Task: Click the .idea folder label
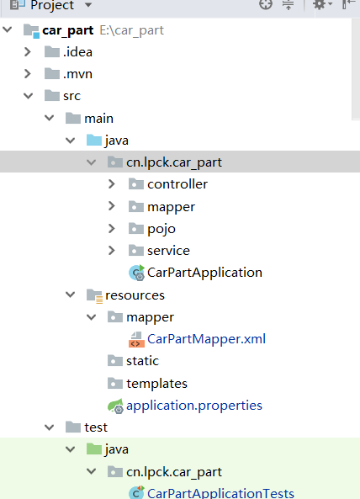77,52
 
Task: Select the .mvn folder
77,74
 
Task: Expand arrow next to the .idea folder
28,52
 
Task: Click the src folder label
71,96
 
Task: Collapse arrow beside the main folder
50,118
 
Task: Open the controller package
177,184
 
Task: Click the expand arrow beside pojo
112,229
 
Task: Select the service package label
168,251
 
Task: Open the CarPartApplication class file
204,273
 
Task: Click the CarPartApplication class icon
137,273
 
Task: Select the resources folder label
135,295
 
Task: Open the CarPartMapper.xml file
206,339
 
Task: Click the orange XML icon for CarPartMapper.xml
136,339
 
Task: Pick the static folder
142,361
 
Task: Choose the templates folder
156,384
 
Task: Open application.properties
194,406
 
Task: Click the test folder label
96,427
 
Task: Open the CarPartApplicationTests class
220,493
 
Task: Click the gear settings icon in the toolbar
320,4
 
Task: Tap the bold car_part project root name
68,30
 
